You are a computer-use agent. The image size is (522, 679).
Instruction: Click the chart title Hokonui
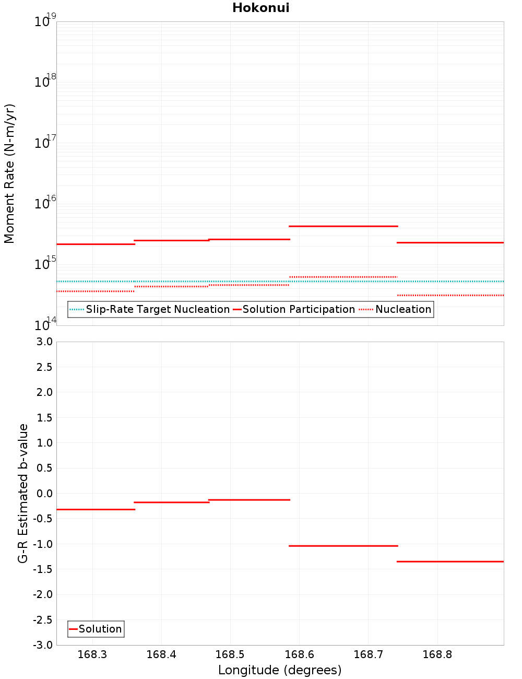point(260,8)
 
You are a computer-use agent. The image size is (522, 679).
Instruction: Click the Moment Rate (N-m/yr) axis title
point(9,173)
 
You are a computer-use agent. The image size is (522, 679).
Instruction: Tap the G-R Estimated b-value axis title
point(23,493)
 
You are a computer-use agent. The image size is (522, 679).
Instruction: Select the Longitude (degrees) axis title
point(280,670)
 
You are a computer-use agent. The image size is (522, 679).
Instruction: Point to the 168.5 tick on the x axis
point(230,654)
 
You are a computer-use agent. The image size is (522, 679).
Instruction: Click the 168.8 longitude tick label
point(437,654)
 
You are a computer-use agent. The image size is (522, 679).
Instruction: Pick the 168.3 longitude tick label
point(92,654)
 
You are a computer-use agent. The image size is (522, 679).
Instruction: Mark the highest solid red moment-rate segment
point(343,226)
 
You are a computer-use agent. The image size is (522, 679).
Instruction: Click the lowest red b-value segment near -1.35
point(450,561)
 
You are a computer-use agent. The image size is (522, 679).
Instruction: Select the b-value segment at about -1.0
point(343,546)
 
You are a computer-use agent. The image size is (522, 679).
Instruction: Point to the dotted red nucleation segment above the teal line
point(343,277)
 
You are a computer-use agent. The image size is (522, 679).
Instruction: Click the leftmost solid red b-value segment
point(96,509)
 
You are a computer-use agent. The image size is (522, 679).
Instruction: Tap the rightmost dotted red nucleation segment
point(450,295)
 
